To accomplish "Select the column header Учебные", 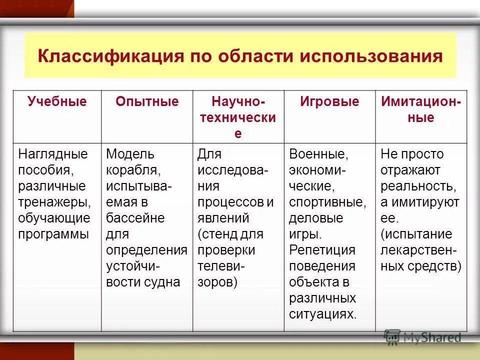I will pos(57,102).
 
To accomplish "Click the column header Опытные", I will pos(147,102).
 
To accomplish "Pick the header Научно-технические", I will pos(238,118).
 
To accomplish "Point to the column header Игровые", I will pos(329,102).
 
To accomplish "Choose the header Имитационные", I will pos(421,110).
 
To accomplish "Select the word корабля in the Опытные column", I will pos(133,170).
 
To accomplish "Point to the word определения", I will pos(146,250).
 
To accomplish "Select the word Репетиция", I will pos(322,250).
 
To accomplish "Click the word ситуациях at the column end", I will pos(323,314).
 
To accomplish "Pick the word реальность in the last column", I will pos(418,186).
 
